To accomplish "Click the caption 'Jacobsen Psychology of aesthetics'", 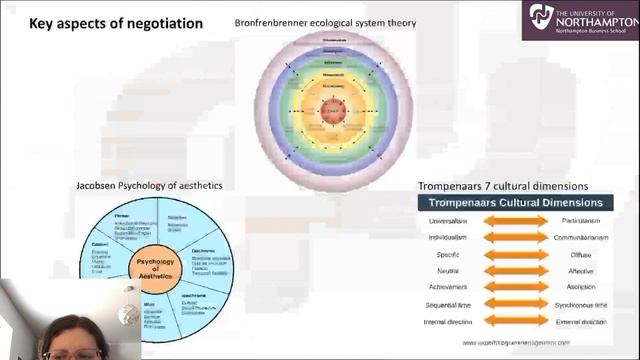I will (x=149, y=186).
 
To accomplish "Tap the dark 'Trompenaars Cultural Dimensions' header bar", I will (x=515, y=203).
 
